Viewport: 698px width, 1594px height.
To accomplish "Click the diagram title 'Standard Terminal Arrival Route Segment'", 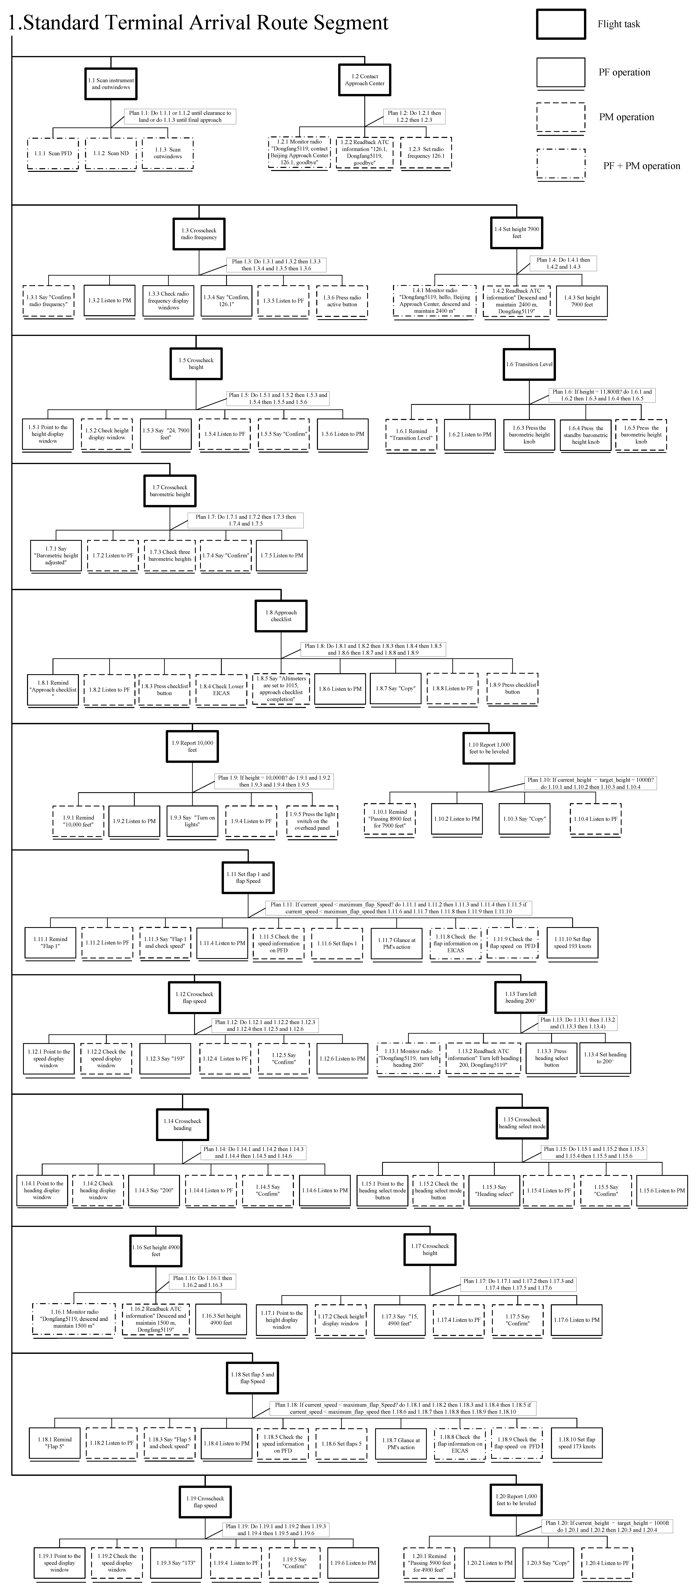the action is pos(198,23).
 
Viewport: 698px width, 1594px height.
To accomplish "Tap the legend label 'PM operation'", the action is pos(626,117).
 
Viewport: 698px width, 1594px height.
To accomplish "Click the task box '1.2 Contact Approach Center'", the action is pos(364,80).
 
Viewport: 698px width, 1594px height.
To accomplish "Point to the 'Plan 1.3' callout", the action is pos(276,265).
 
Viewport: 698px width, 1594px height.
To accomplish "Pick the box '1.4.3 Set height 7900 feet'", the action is pos(582,301).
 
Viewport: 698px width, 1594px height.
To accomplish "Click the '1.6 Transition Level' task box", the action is pos(529,364).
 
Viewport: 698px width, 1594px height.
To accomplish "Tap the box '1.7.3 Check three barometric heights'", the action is pos(170,555).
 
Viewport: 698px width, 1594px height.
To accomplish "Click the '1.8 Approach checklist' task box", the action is pos(281,616).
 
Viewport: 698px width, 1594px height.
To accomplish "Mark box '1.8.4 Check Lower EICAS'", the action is pos(221,689).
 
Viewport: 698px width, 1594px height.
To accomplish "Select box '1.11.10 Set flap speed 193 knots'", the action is pos(572,942).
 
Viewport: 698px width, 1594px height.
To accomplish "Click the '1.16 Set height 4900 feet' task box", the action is pos(156,1251).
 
